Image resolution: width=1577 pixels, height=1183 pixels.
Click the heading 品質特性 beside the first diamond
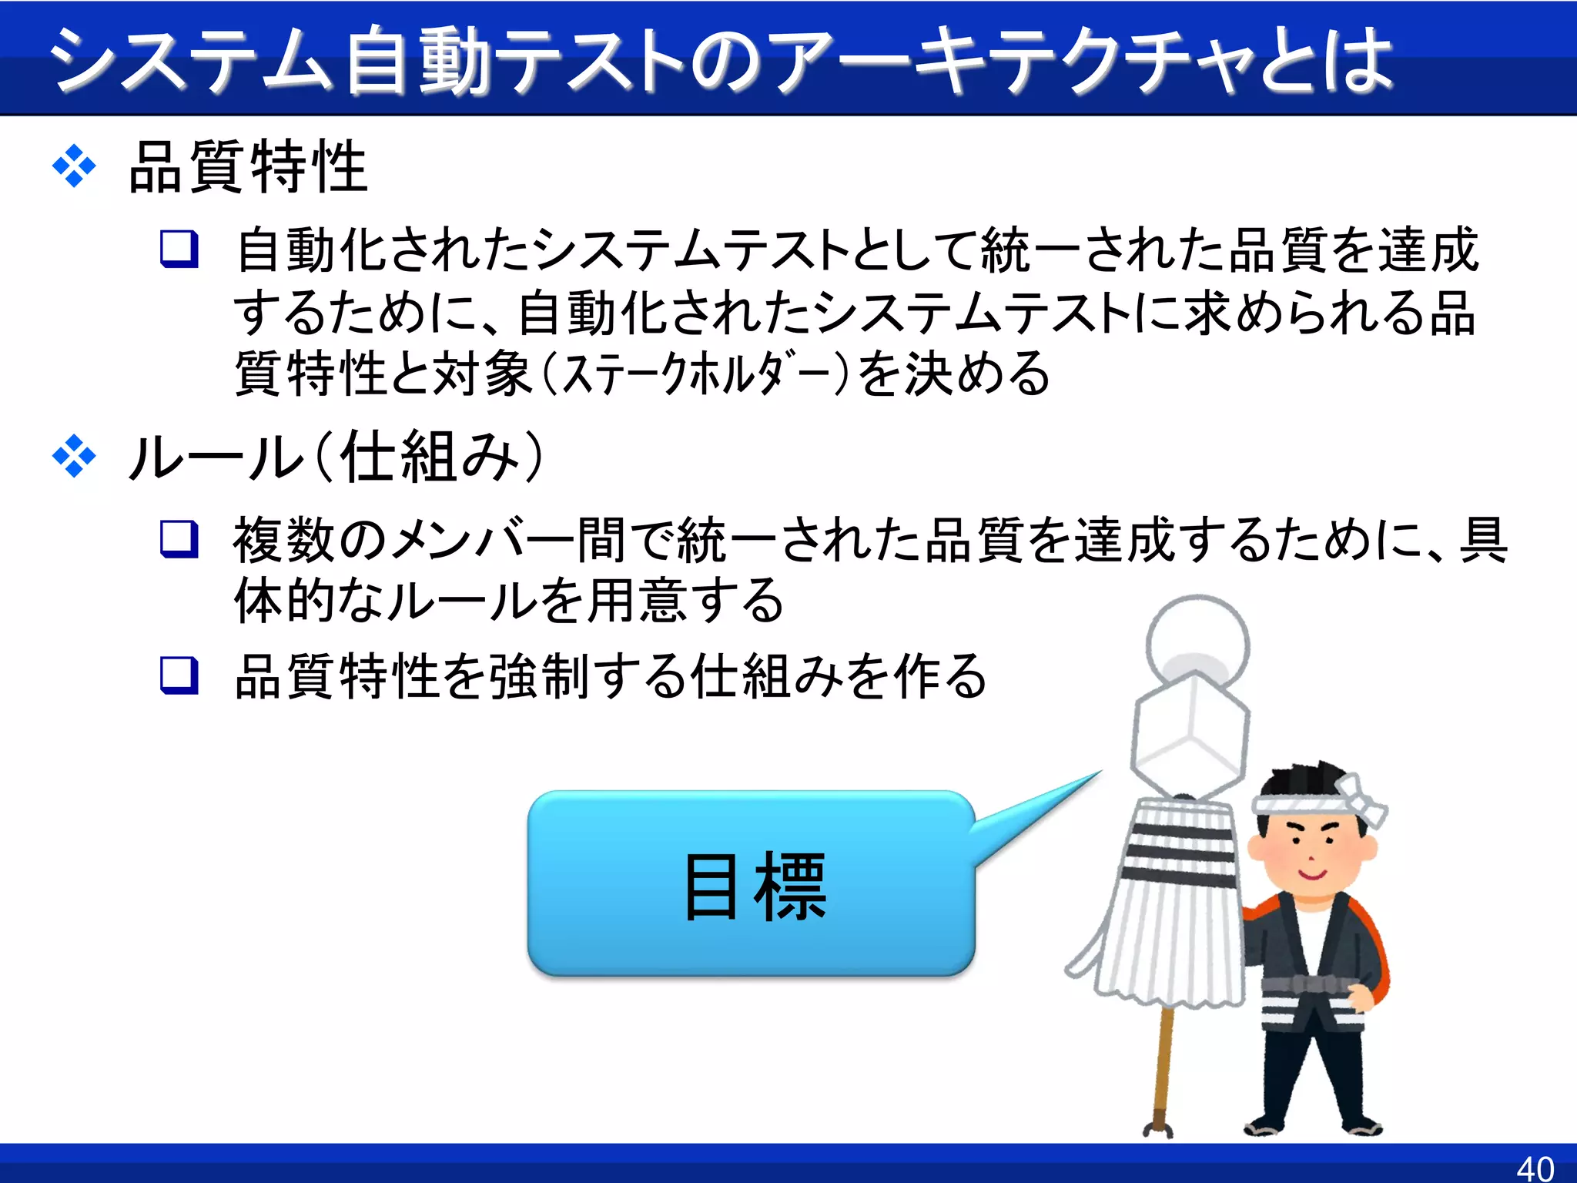[x=248, y=167]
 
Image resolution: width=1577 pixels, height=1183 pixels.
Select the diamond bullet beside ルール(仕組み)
[x=74, y=457]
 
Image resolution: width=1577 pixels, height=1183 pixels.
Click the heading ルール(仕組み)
[x=336, y=457]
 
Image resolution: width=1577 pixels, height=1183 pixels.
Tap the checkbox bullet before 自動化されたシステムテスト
[x=179, y=249]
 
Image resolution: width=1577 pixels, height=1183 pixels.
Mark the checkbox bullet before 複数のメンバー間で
[x=179, y=538]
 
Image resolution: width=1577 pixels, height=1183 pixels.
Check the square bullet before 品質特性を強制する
[x=179, y=675]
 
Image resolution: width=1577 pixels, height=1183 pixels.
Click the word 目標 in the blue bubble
[x=755, y=887]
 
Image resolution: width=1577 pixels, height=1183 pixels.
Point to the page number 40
[x=1535, y=1168]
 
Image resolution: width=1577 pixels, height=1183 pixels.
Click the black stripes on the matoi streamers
[x=1178, y=855]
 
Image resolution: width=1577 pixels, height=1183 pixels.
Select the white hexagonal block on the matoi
[x=1190, y=728]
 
